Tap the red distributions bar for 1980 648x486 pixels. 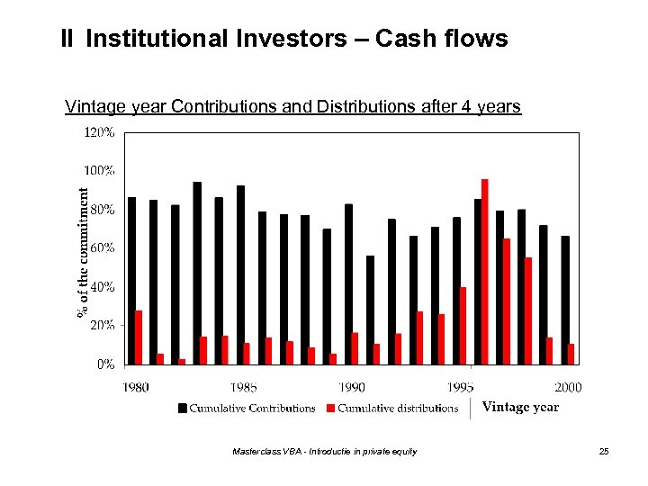coord(139,337)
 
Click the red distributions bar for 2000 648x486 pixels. coord(571,354)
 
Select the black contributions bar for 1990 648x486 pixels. coord(348,284)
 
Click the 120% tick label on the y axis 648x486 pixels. coord(99,132)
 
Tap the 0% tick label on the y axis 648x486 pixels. coord(105,364)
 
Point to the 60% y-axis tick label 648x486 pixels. coord(102,247)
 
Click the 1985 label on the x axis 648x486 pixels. coord(243,388)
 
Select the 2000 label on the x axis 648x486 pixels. coord(568,388)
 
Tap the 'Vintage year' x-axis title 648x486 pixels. coord(520,407)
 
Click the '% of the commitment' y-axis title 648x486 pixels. coord(82,251)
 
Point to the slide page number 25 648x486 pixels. coord(604,452)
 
